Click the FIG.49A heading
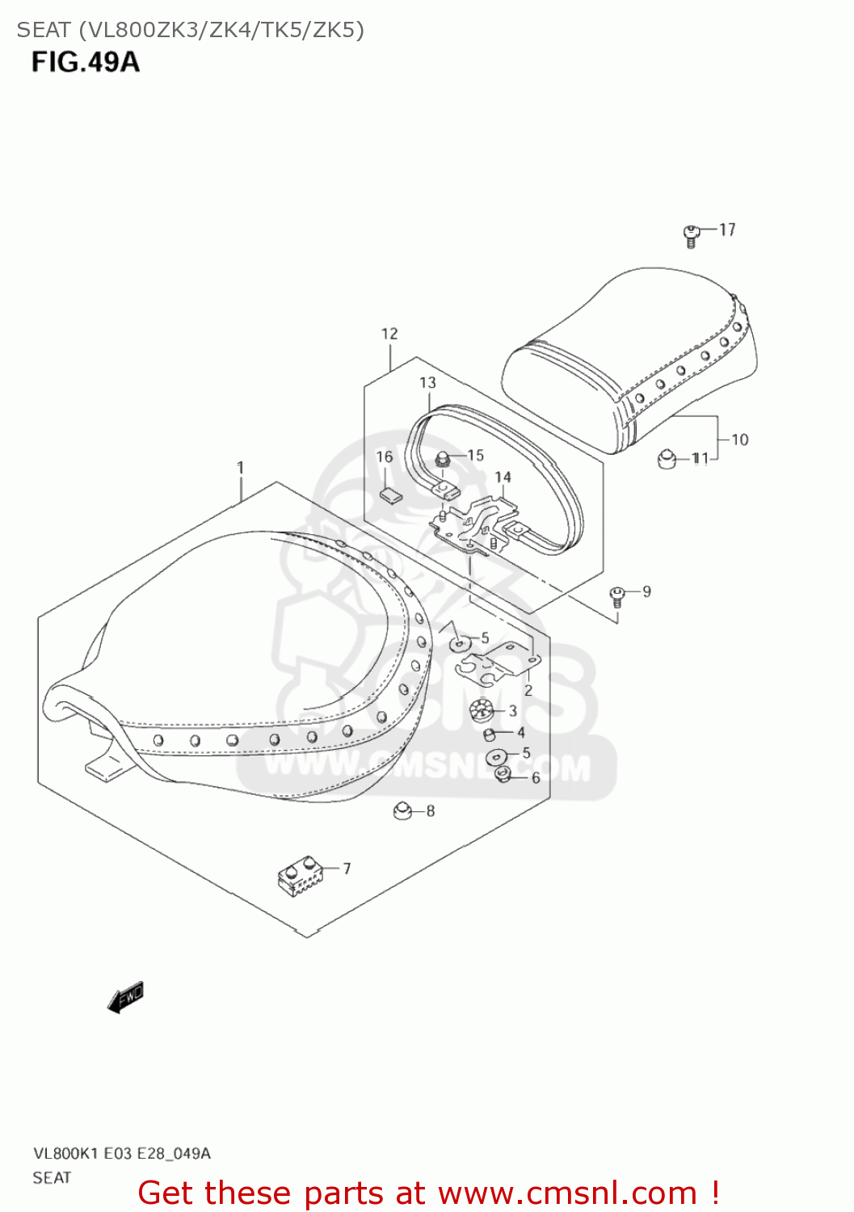coord(86,62)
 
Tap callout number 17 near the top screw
coord(727,230)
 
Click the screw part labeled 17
coord(691,236)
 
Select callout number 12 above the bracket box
coord(389,334)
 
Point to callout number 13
coord(427,383)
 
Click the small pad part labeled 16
coord(390,494)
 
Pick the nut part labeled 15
coord(442,460)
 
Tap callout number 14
coord(503,478)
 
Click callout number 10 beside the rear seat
coord(739,440)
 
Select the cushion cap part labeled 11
coord(667,459)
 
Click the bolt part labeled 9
coord(617,596)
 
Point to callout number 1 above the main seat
coord(240,467)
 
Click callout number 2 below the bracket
coord(528,690)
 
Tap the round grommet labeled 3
coord(482,712)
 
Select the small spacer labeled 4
coord(490,734)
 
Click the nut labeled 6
coord(502,776)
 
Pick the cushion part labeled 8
coord(402,810)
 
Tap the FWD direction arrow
coord(125,997)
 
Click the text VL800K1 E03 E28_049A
coord(121,1153)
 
